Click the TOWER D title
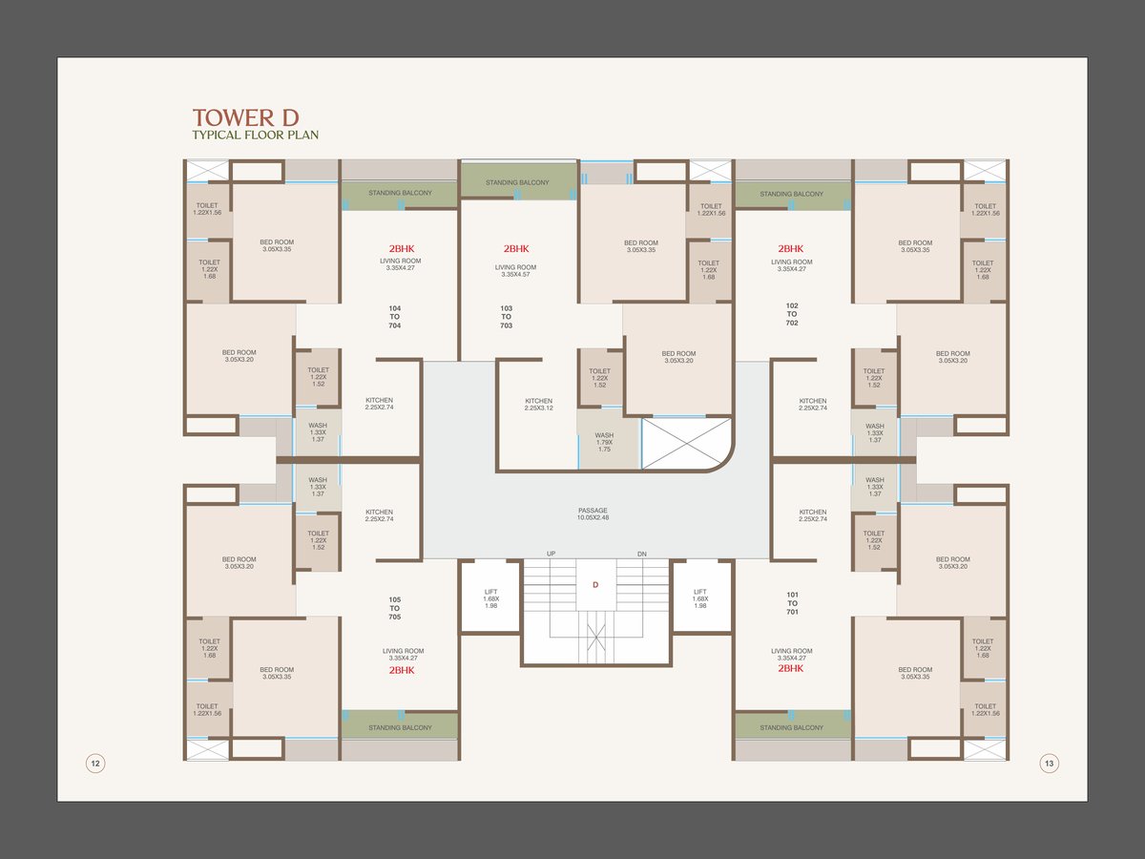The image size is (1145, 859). point(245,117)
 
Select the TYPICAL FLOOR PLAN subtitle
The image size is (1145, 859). point(255,136)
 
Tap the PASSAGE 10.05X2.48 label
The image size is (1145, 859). point(593,514)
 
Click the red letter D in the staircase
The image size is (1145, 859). point(595,585)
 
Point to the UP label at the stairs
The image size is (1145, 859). point(552,555)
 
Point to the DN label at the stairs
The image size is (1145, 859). point(641,555)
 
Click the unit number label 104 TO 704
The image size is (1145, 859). point(395,317)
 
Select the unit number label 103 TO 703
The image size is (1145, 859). point(506,317)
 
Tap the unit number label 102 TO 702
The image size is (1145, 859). point(792,314)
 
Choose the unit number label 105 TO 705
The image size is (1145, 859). point(395,608)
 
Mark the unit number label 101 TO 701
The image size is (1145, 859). point(792,603)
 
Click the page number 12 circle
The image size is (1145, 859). point(95,763)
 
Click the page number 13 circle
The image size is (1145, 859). point(1049,763)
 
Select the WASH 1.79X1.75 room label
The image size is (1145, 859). point(604,442)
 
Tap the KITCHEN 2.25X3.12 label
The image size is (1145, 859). point(538,405)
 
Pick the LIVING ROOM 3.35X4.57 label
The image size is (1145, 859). point(515,271)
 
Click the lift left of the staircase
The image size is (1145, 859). point(490,597)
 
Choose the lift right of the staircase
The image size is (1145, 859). point(700,597)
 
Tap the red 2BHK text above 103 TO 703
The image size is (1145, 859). point(515,249)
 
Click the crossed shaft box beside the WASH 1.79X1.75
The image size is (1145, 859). point(686,444)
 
